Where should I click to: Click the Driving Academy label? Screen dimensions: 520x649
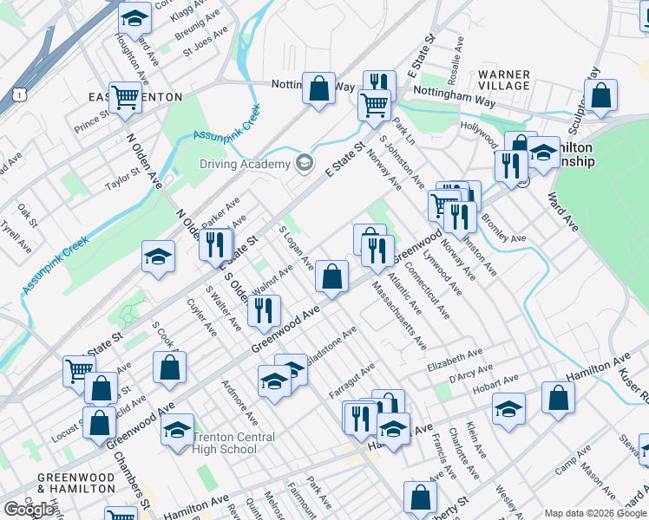tap(245, 165)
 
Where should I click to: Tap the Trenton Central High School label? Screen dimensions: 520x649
tap(225, 443)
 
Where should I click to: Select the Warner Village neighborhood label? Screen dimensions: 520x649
tap(503, 80)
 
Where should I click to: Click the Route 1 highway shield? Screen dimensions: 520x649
tap(19, 91)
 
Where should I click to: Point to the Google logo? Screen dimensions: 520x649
tap(29, 510)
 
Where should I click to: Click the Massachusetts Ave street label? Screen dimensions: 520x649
tap(398, 315)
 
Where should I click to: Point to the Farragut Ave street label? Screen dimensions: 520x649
tap(351, 380)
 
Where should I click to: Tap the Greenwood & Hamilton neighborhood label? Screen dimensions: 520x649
tap(76, 484)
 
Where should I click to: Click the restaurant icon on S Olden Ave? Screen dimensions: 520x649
tap(264, 310)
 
